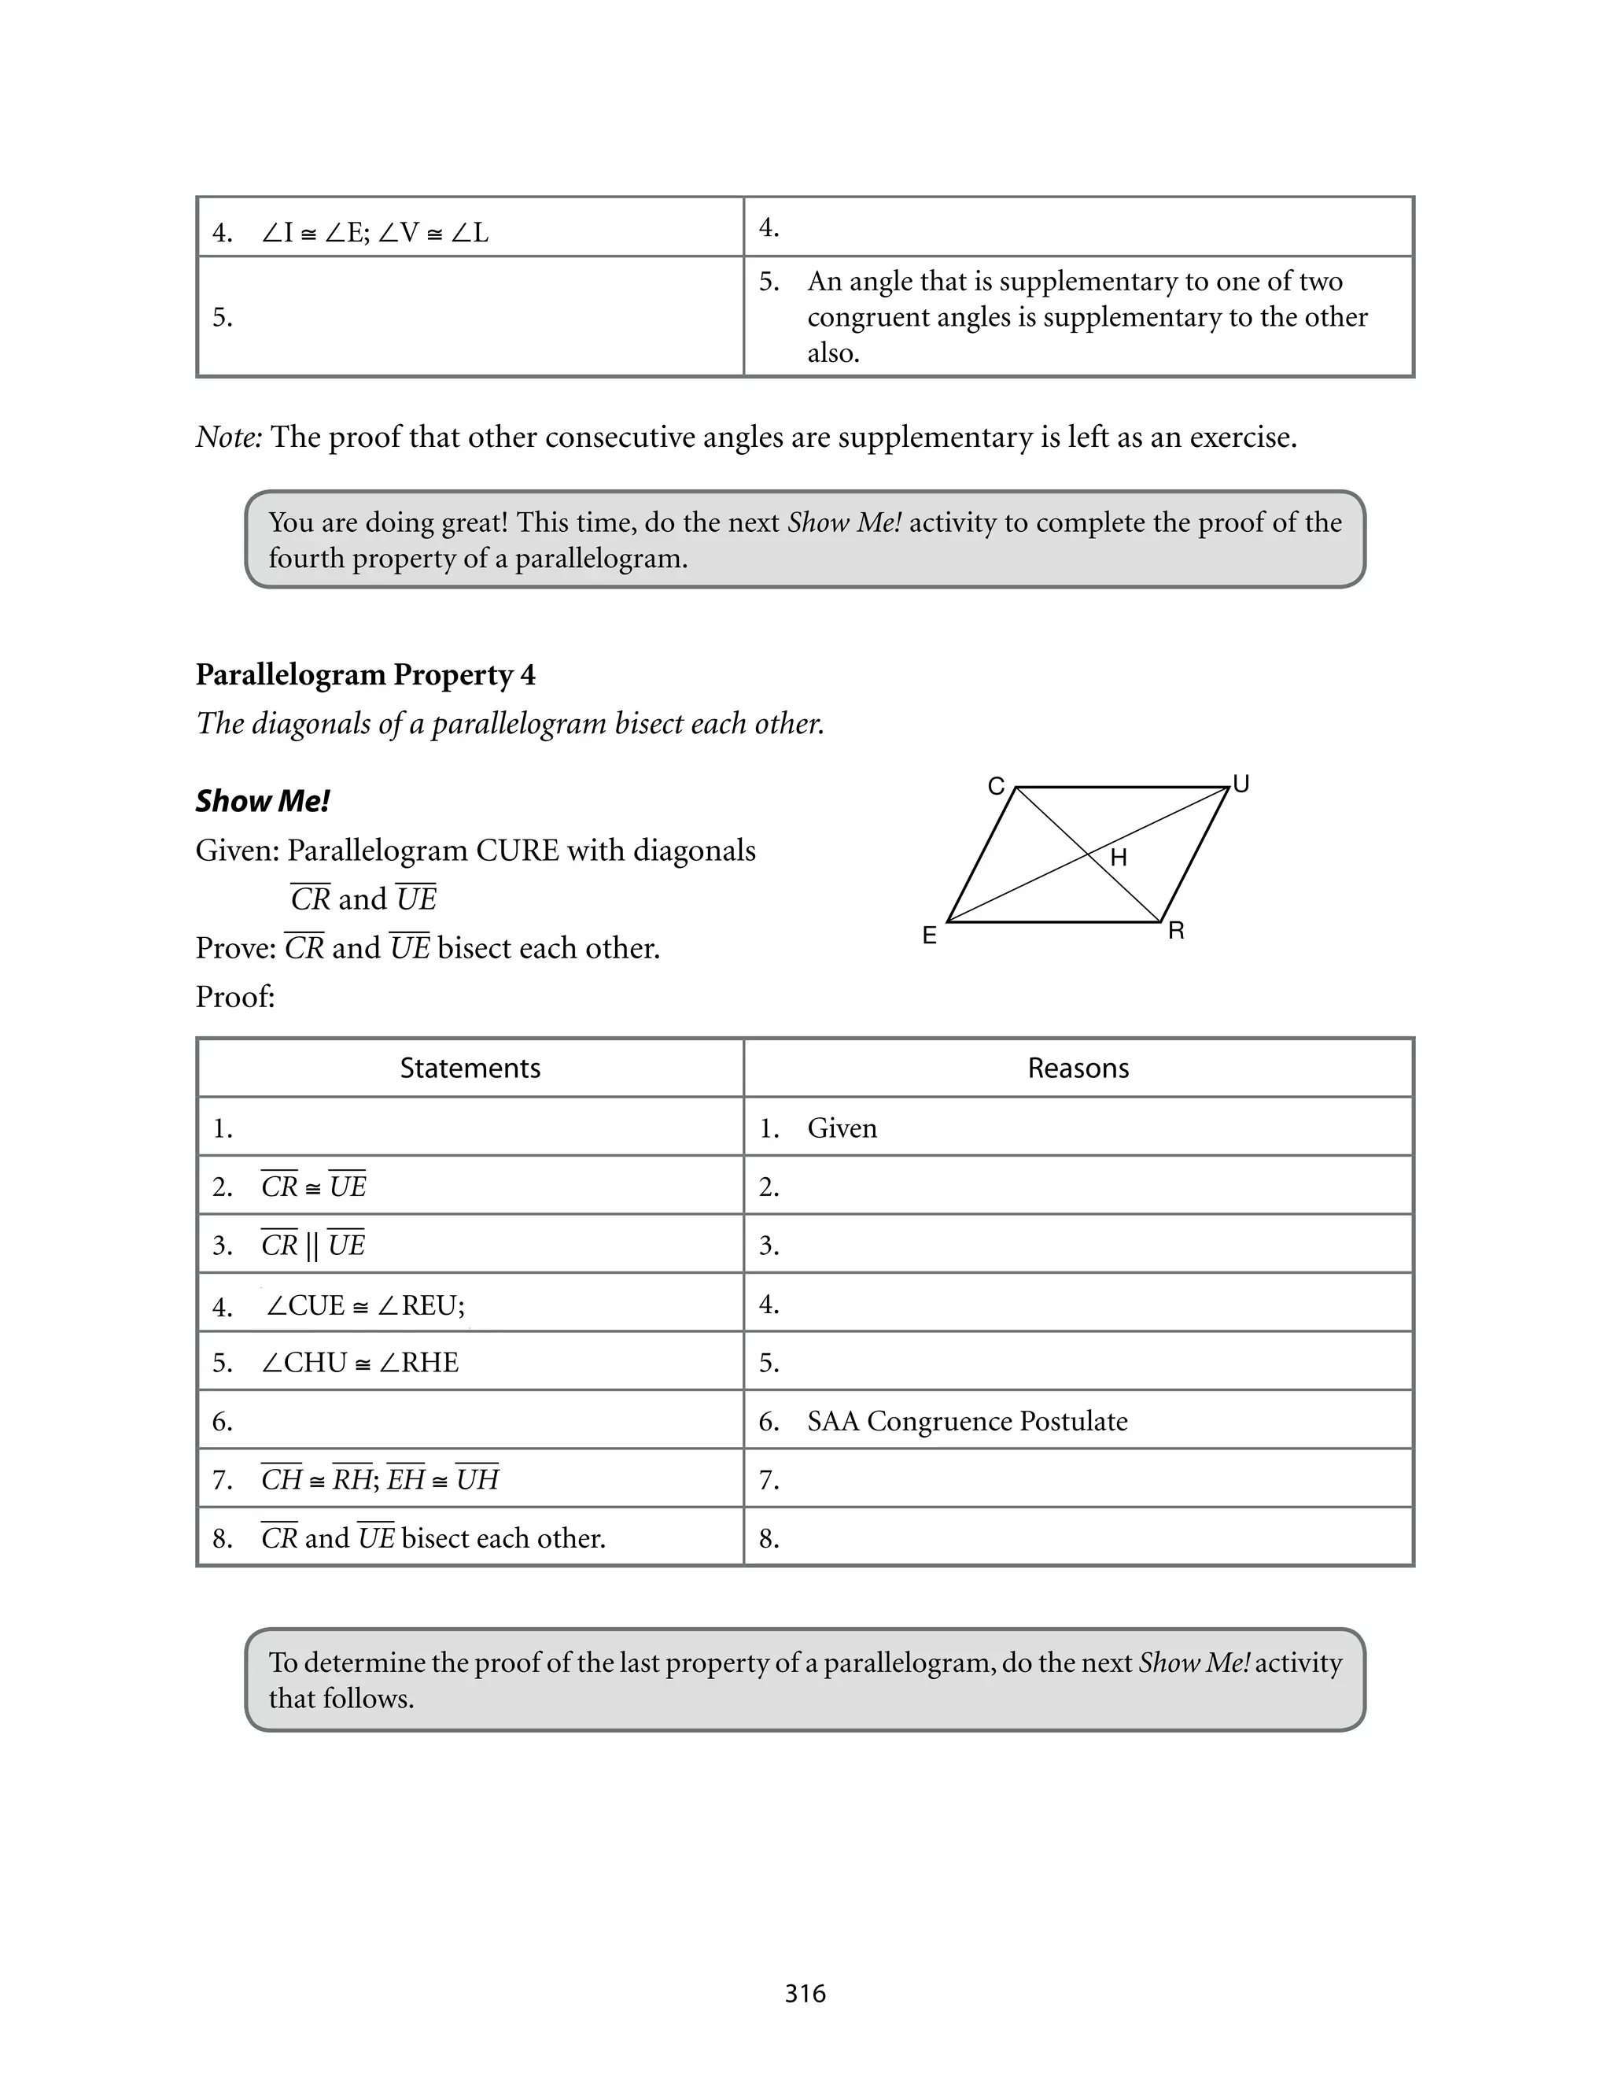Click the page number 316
tap(805, 1994)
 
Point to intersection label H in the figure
tap(1118, 858)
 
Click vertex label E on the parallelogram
tap(929, 936)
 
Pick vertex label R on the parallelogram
tap(1177, 931)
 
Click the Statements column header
tap(470, 1068)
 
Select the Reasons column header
tap(1078, 1068)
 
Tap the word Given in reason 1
tap(842, 1128)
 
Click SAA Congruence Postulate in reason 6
tap(967, 1421)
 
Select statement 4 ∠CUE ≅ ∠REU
tap(364, 1305)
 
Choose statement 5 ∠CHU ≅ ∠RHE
tap(359, 1363)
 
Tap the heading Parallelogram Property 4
tap(365, 674)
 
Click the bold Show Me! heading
tap(263, 801)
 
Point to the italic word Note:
tap(228, 437)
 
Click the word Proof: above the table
tap(235, 997)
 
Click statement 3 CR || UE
tap(312, 1246)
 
